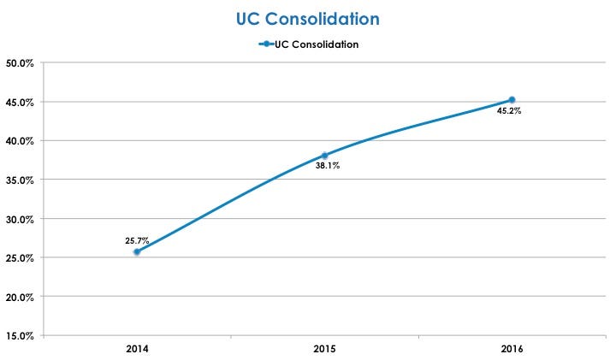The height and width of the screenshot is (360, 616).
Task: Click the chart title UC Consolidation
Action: [308, 18]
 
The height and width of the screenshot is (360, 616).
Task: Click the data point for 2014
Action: [137, 251]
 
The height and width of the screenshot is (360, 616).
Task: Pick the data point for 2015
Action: [324, 156]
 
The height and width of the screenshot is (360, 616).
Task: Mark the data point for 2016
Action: [512, 100]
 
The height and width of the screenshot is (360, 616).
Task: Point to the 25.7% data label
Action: [139, 240]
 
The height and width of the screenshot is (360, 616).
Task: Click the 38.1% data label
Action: [327, 166]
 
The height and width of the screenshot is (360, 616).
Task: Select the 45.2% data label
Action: [510, 110]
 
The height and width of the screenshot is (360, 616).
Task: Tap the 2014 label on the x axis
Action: [137, 350]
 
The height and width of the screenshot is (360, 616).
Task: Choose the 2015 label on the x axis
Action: [324, 350]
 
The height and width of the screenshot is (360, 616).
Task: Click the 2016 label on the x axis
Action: [512, 350]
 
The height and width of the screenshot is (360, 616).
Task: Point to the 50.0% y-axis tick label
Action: [20, 62]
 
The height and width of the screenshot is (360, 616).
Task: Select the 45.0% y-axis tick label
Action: [20, 102]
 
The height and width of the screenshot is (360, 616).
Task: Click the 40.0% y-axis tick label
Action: [20, 140]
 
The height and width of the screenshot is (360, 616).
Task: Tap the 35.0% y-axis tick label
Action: [20, 180]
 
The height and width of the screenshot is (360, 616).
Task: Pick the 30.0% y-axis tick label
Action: [20, 219]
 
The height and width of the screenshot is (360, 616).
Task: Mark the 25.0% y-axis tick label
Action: [20, 257]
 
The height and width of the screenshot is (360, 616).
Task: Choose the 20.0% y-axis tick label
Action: [20, 297]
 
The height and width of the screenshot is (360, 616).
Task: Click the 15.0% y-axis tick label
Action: [20, 335]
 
